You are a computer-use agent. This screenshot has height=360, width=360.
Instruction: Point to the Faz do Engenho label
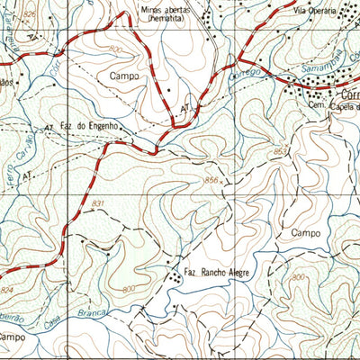point(89,127)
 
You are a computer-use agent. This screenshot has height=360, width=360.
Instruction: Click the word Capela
point(342,106)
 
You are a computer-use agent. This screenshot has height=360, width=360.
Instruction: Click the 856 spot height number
point(211,181)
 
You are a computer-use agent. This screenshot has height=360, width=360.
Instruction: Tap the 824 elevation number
point(8,291)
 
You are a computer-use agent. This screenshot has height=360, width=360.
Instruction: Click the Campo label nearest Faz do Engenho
point(124,77)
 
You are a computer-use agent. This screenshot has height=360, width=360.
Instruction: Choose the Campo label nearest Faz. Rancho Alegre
point(306,232)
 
